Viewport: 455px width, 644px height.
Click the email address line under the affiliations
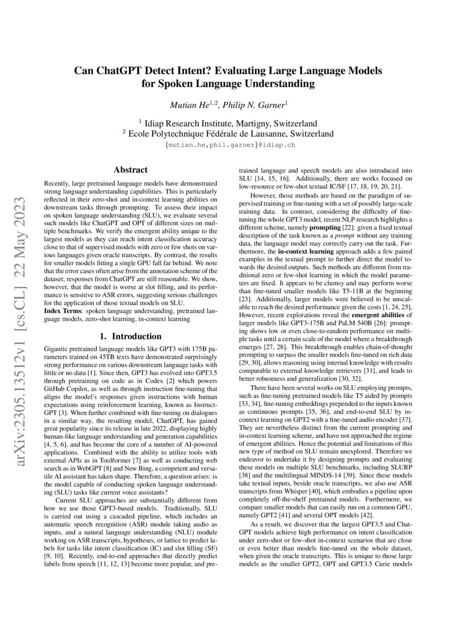coord(227,145)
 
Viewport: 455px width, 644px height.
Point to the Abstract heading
coord(129,170)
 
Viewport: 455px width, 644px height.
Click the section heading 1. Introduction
coord(129,336)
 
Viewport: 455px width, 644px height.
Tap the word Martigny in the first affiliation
coord(253,123)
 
